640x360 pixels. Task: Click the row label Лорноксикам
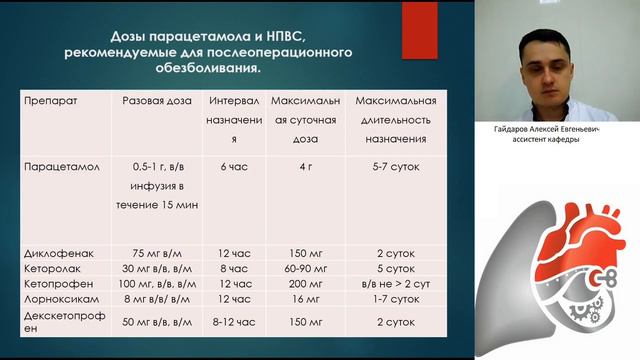(63, 299)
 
